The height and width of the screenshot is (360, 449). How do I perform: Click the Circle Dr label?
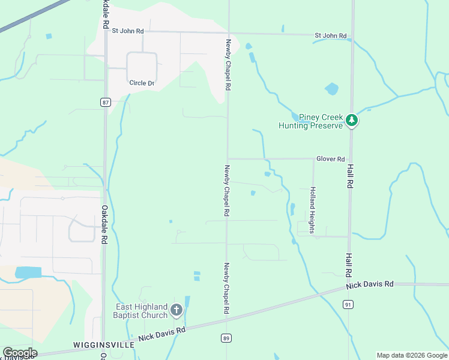(x=142, y=83)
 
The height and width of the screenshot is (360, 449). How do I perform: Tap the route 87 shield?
(x=106, y=103)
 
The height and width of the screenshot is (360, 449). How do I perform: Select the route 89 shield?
(x=226, y=338)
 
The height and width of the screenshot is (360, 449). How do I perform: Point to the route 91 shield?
(x=348, y=305)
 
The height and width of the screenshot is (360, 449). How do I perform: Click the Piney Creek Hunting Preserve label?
(x=310, y=121)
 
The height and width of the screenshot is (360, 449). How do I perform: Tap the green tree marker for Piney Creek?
(x=352, y=121)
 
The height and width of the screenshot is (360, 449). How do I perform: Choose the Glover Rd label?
(x=331, y=159)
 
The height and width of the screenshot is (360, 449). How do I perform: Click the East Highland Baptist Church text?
(x=142, y=311)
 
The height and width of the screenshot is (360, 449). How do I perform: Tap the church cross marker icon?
(x=176, y=310)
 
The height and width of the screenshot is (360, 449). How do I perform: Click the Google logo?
(x=20, y=353)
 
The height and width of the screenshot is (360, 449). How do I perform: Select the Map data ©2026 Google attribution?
(x=412, y=355)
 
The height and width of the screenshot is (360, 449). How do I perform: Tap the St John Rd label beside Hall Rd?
(x=331, y=36)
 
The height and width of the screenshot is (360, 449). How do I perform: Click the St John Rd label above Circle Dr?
(x=127, y=30)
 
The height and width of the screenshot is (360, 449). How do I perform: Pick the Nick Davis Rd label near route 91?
(x=370, y=284)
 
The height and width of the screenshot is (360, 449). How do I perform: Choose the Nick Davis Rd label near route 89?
(x=162, y=334)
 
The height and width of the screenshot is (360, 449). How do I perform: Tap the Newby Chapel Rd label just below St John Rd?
(x=228, y=64)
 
